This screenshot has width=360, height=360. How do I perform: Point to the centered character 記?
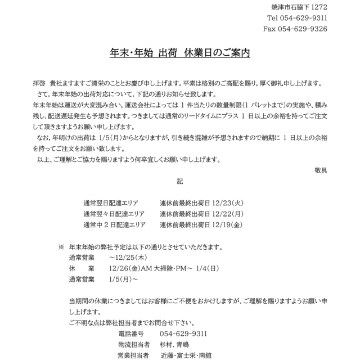coord(179,182)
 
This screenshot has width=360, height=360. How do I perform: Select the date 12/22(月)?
coord(227,214)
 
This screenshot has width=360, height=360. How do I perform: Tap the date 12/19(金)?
coord(227,224)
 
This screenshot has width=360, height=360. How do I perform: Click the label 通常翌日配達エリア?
coord(110,203)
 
